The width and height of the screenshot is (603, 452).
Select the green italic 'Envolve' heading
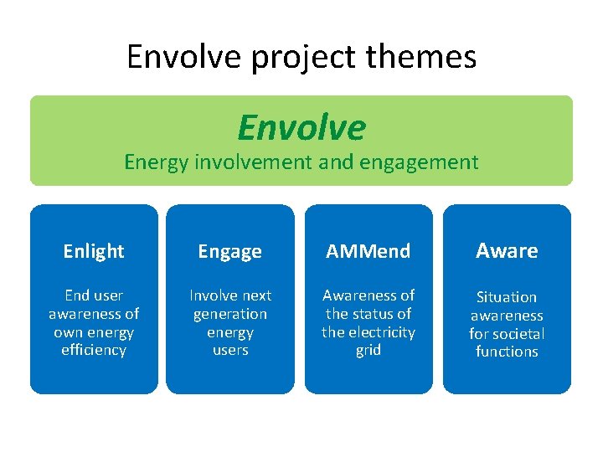pos(301,127)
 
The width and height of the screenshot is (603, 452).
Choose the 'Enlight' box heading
pos(94,251)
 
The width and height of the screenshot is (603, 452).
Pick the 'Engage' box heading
pos(230,251)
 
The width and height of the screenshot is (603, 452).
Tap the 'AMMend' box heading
pos(368,251)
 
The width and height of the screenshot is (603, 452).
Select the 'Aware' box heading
pos(507,250)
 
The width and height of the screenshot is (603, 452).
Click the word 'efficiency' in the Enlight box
pos(94,350)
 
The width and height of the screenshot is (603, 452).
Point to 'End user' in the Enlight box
pos(94,295)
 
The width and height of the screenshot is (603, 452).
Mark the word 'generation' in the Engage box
pos(230,314)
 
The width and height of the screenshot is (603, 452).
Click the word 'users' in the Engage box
pos(230,350)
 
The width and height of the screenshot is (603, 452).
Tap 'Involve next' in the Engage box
pos(230,295)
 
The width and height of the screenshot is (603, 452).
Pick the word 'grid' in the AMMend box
pos(368,350)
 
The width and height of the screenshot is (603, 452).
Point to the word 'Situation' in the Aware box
pos(507,297)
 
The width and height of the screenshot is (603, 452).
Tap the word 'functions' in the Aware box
pos(507,352)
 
